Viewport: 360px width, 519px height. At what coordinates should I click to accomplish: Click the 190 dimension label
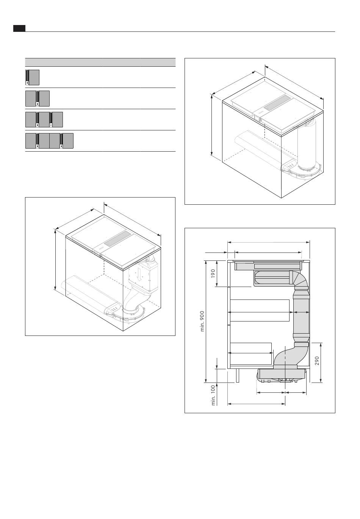click(x=213, y=273)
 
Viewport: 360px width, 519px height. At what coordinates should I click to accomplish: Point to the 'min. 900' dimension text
click(x=202, y=321)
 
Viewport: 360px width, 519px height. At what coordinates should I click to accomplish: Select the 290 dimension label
click(x=317, y=361)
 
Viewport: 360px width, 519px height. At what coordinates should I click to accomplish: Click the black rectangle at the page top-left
click(x=19, y=28)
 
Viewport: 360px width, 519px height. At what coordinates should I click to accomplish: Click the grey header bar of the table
click(x=100, y=62)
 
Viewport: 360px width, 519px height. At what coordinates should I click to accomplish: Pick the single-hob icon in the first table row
click(x=32, y=77)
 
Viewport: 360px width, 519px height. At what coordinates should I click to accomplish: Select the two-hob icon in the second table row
click(x=37, y=99)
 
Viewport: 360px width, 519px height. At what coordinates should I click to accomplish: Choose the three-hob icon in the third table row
click(x=44, y=119)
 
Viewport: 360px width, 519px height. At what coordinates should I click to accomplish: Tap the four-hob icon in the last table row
click(x=49, y=141)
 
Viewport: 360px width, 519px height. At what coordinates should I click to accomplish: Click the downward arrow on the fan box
click(x=139, y=274)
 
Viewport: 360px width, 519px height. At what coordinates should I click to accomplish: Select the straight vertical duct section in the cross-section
click(x=301, y=315)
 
